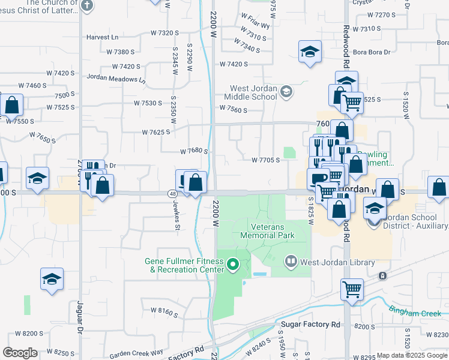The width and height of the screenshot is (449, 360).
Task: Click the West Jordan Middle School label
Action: tap(251, 92)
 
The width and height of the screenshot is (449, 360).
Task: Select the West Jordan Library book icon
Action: tap(291, 262)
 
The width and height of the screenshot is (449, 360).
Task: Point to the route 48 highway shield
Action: tap(172, 193)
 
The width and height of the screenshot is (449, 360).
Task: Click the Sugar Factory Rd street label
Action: tap(310, 325)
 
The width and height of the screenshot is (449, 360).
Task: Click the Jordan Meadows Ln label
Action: tap(116, 78)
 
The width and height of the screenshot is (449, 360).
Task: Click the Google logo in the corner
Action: tap(20, 352)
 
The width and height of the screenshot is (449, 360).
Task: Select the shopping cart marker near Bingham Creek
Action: tap(352, 289)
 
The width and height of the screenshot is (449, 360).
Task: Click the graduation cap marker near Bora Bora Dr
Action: tap(310, 52)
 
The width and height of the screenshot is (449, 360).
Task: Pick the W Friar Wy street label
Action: tap(255, 26)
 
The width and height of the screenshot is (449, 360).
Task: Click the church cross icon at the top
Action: tap(87, 6)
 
